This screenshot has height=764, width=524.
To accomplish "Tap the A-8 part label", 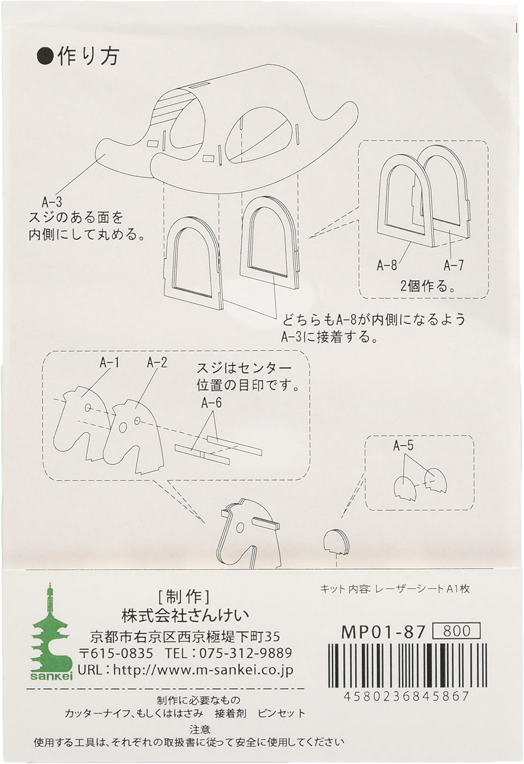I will click(387, 265).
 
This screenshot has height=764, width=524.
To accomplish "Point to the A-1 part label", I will click(109, 363).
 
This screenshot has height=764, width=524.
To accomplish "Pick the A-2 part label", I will click(157, 363).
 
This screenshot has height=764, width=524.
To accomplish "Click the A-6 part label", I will click(211, 403).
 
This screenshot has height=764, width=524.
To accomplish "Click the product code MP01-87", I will click(383, 632).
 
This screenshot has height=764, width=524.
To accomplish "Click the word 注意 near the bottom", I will click(200, 730).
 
